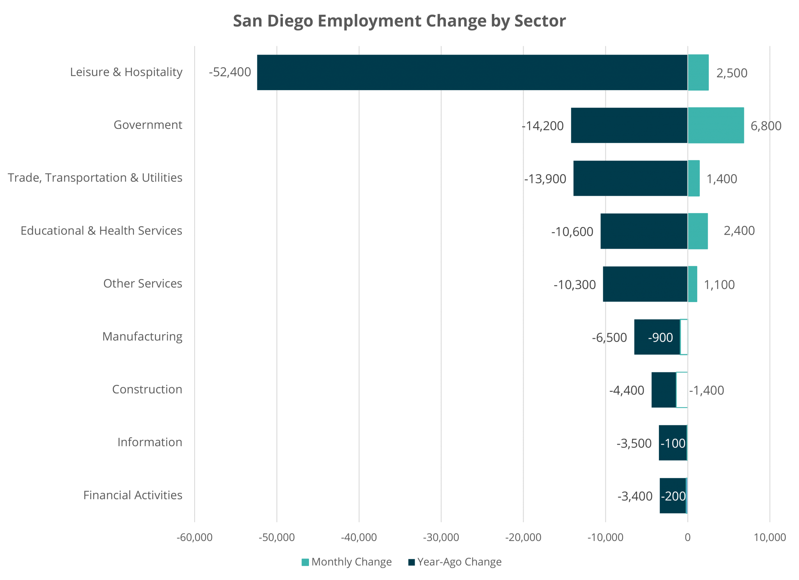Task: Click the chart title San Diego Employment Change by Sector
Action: (x=399, y=21)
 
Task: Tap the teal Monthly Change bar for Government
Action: (x=716, y=125)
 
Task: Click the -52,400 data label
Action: (x=230, y=72)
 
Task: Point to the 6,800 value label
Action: (x=766, y=126)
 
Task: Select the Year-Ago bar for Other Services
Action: (x=645, y=284)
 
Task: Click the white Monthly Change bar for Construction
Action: (x=682, y=390)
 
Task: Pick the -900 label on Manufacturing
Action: (x=660, y=337)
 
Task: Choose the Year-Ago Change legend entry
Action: (x=455, y=562)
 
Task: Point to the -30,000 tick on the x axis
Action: (x=441, y=537)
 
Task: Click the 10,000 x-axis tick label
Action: (x=769, y=537)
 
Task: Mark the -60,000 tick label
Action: (x=194, y=537)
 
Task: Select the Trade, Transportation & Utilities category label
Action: (x=95, y=178)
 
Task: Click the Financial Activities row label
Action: (x=133, y=495)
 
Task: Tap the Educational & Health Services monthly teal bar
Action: (x=698, y=231)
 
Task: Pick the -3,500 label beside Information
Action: (x=634, y=443)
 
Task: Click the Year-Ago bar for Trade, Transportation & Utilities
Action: (x=630, y=178)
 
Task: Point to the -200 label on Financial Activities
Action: (x=673, y=496)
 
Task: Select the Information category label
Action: (x=150, y=442)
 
